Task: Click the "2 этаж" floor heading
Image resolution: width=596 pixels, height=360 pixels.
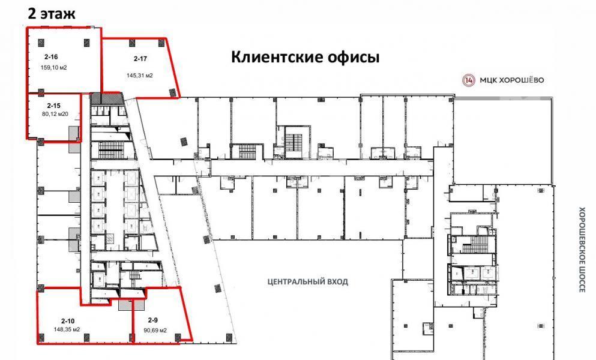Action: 51,13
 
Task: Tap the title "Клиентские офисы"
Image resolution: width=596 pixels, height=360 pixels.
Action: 306,58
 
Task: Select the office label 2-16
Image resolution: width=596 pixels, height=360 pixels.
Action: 51,57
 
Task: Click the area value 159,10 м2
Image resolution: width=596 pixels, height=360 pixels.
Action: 53,68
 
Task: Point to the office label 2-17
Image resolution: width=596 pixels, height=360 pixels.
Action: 140,59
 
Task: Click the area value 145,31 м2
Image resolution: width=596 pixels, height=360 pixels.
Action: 140,76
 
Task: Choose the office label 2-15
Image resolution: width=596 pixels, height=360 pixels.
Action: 53,106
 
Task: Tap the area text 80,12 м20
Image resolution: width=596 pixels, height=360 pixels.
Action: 55,113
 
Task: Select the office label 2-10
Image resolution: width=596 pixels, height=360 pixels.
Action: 68,321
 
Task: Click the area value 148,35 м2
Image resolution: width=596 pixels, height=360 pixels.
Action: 67,329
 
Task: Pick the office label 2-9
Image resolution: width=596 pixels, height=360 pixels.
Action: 153,320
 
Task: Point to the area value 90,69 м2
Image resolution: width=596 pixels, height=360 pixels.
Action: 155,331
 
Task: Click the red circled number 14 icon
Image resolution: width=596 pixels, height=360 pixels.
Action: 469,80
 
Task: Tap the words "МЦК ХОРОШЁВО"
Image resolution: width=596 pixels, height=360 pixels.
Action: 511,80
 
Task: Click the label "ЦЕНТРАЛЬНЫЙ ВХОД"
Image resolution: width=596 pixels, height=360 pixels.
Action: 308,281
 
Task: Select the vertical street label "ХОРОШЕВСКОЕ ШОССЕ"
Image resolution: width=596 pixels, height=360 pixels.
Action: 582,250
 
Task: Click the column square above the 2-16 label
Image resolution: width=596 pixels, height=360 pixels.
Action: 41,42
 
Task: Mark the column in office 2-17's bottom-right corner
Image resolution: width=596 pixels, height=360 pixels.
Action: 173,92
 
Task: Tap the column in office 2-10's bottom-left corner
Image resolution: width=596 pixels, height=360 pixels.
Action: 41,337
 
